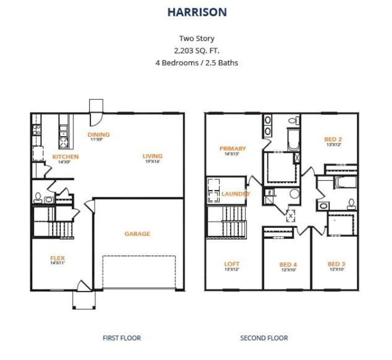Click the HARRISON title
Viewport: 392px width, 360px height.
click(197, 12)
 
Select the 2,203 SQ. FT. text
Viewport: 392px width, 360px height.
click(197, 51)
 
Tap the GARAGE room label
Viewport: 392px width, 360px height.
click(137, 234)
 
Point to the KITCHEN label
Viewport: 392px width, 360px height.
click(66, 157)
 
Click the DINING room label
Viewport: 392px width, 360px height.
click(99, 135)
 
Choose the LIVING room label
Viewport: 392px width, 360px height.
click(153, 156)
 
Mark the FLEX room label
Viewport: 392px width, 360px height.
click(58, 258)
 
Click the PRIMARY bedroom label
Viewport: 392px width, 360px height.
click(232, 149)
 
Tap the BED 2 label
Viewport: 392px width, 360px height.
click(333, 139)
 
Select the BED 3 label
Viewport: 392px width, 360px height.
click(336, 264)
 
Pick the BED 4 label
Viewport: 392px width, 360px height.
click(288, 265)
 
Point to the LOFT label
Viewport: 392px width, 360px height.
click(232, 264)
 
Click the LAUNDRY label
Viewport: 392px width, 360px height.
click(236, 194)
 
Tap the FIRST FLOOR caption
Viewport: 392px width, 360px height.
click(122, 338)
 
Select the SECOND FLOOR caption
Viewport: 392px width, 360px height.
click(264, 338)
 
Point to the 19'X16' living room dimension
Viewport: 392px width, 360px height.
click(153, 161)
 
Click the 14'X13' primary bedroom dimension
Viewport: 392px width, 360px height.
click(232, 154)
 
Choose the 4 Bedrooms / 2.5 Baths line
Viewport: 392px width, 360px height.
click(197, 63)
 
